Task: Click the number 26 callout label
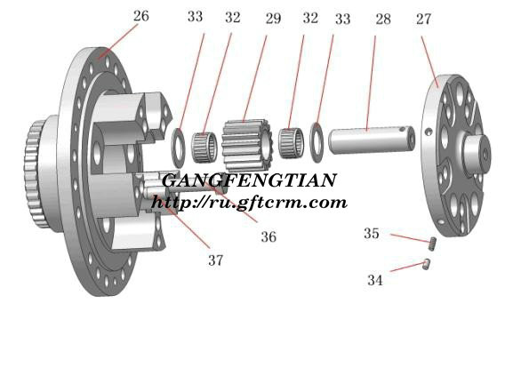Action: (141, 16)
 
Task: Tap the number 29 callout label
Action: (273, 19)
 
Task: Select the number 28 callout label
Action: (383, 20)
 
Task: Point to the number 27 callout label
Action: (423, 20)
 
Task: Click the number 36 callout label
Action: (269, 237)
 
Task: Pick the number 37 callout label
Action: (215, 260)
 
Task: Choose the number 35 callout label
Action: (372, 234)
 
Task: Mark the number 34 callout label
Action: (375, 280)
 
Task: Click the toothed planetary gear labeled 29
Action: (247, 145)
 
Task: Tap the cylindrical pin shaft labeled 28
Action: (372, 140)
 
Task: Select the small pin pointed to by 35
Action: (433, 244)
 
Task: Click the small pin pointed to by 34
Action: (427, 264)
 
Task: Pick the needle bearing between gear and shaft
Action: (291, 143)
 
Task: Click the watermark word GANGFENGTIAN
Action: (249, 180)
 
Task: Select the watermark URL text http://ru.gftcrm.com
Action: (249, 203)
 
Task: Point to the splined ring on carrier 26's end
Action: (34, 174)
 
